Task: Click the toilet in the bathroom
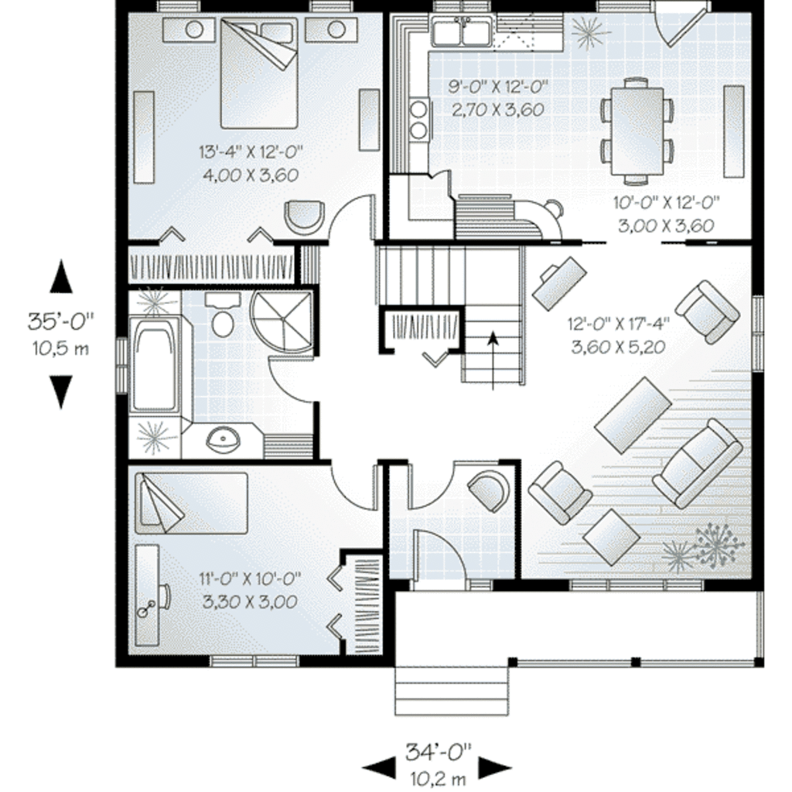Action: [223, 318]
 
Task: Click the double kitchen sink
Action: [461, 33]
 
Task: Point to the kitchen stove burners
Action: [419, 120]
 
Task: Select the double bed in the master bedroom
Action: [259, 73]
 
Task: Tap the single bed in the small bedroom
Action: [191, 504]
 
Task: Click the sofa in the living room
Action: [698, 463]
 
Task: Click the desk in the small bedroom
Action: [146, 596]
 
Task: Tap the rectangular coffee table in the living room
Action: [633, 415]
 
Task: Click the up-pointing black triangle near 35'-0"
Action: [61, 278]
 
